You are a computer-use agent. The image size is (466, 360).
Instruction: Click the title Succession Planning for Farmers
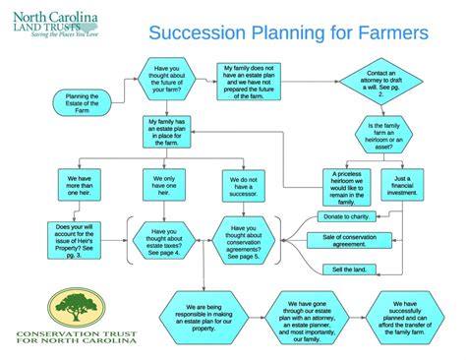(x=288, y=33)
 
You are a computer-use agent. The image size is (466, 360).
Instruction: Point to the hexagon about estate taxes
(x=164, y=241)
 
